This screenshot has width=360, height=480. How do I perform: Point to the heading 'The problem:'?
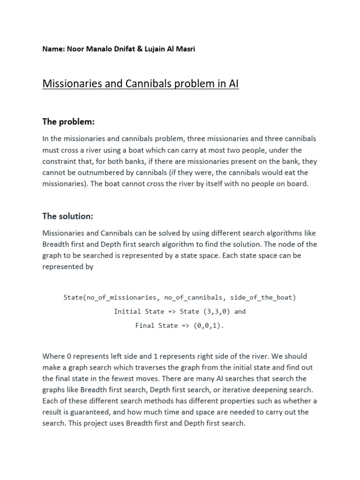coord(68,122)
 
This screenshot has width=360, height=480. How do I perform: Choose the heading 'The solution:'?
coord(68,216)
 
